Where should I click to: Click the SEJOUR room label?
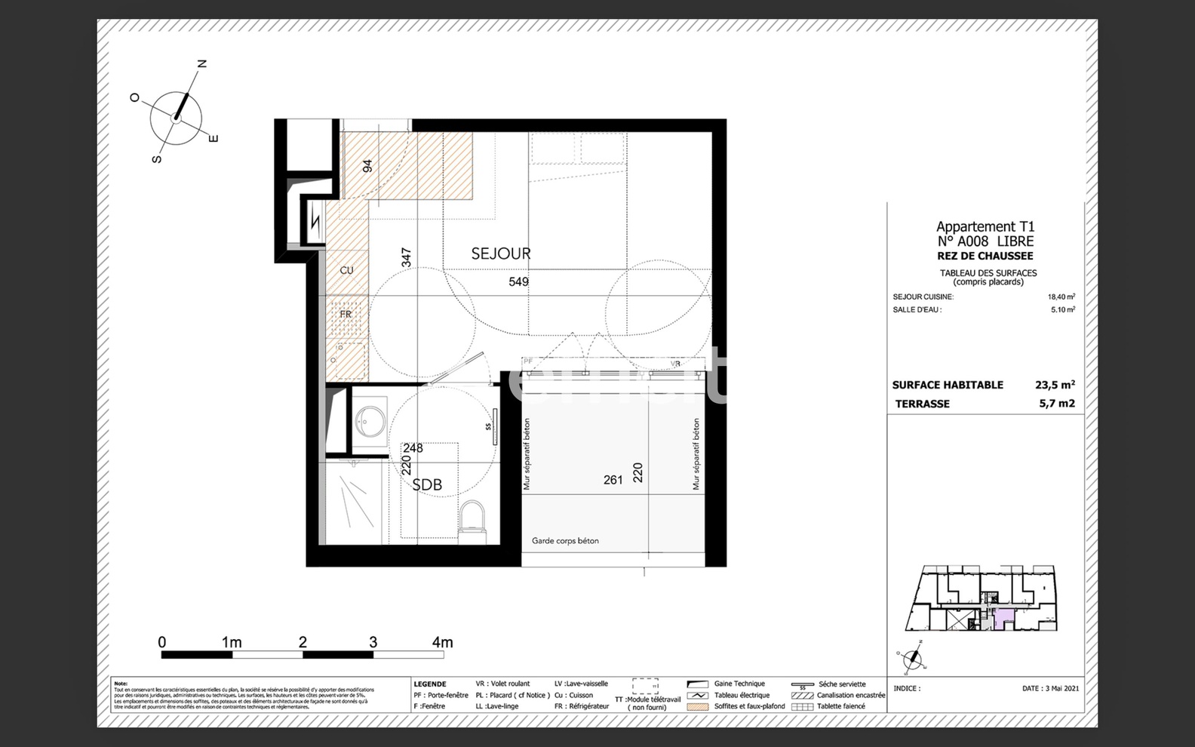point(501,254)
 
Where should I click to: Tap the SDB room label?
point(427,485)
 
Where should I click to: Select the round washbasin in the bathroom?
point(370,421)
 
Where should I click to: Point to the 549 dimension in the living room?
point(518,281)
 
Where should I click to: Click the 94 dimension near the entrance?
point(368,166)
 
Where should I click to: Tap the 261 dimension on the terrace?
point(613,480)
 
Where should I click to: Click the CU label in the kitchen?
point(346,270)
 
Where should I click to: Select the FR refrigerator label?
point(346,314)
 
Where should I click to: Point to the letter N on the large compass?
point(202,64)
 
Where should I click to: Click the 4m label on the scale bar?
point(442,642)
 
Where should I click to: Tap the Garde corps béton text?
point(565,541)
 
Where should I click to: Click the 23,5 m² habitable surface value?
point(1055,385)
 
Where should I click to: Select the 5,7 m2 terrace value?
point(1056,404)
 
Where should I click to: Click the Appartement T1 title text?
point(985,226)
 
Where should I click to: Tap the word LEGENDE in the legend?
point(430,684)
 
